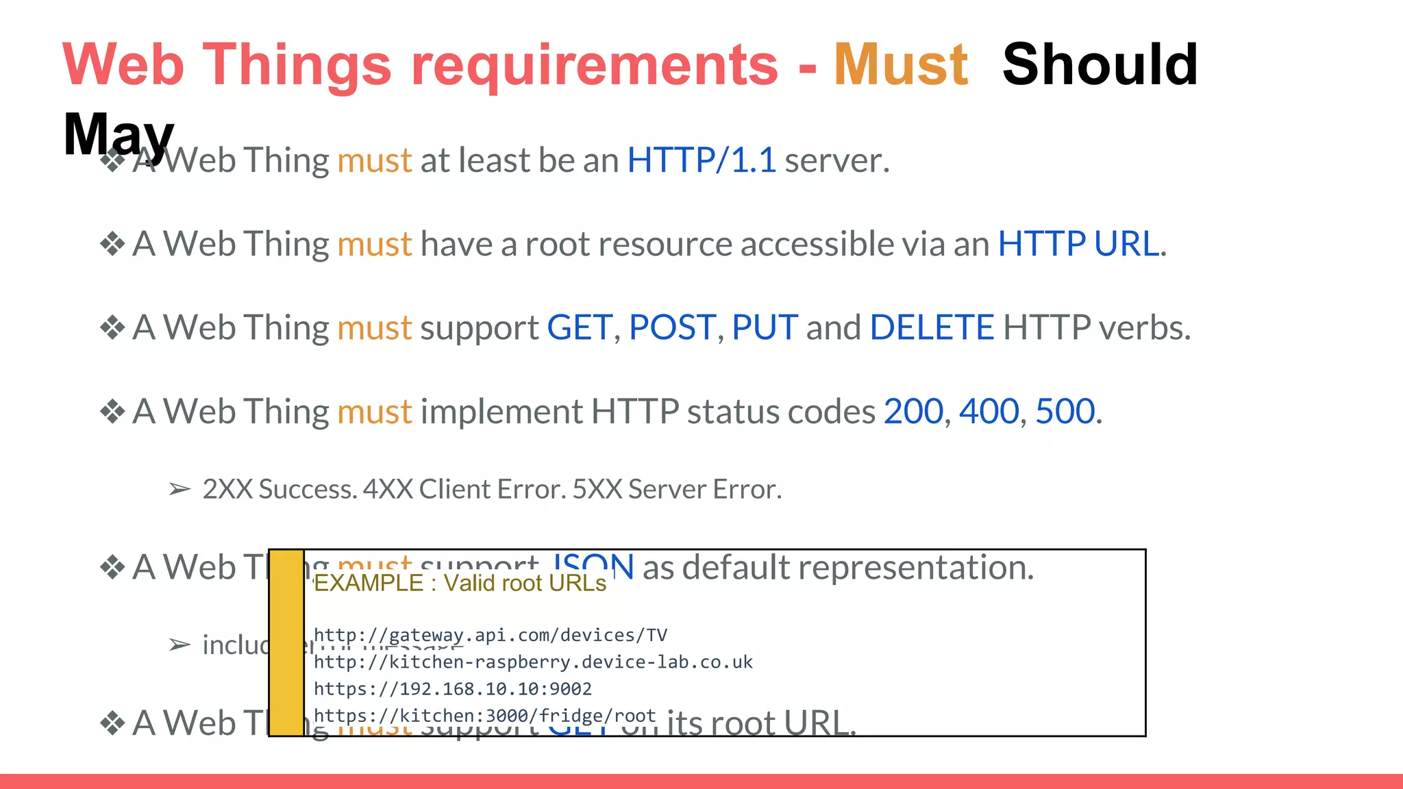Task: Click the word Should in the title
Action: click(1100, 64)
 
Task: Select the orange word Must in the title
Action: click(901, 64)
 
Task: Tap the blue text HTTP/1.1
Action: click(701, 160)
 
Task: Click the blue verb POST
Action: click(672, 327)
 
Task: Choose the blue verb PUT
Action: click(765, 327)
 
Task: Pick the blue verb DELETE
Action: click(932, 327)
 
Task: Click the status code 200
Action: click(913, 412)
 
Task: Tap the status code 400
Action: click(989, 412)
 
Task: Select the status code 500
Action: click(1065, 412)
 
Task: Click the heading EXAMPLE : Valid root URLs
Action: click(460, 583)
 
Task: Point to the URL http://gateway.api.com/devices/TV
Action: click(490, 636)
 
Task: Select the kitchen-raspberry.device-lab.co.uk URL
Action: click(533, 662)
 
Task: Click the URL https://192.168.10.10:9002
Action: click(452, 689)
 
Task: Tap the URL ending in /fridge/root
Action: click(484, 716)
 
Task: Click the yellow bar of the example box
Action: click(286, 642)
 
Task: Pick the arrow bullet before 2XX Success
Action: click(179, 490)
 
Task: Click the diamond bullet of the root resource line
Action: click(112, 244)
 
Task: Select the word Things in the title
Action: click(297, 64)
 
